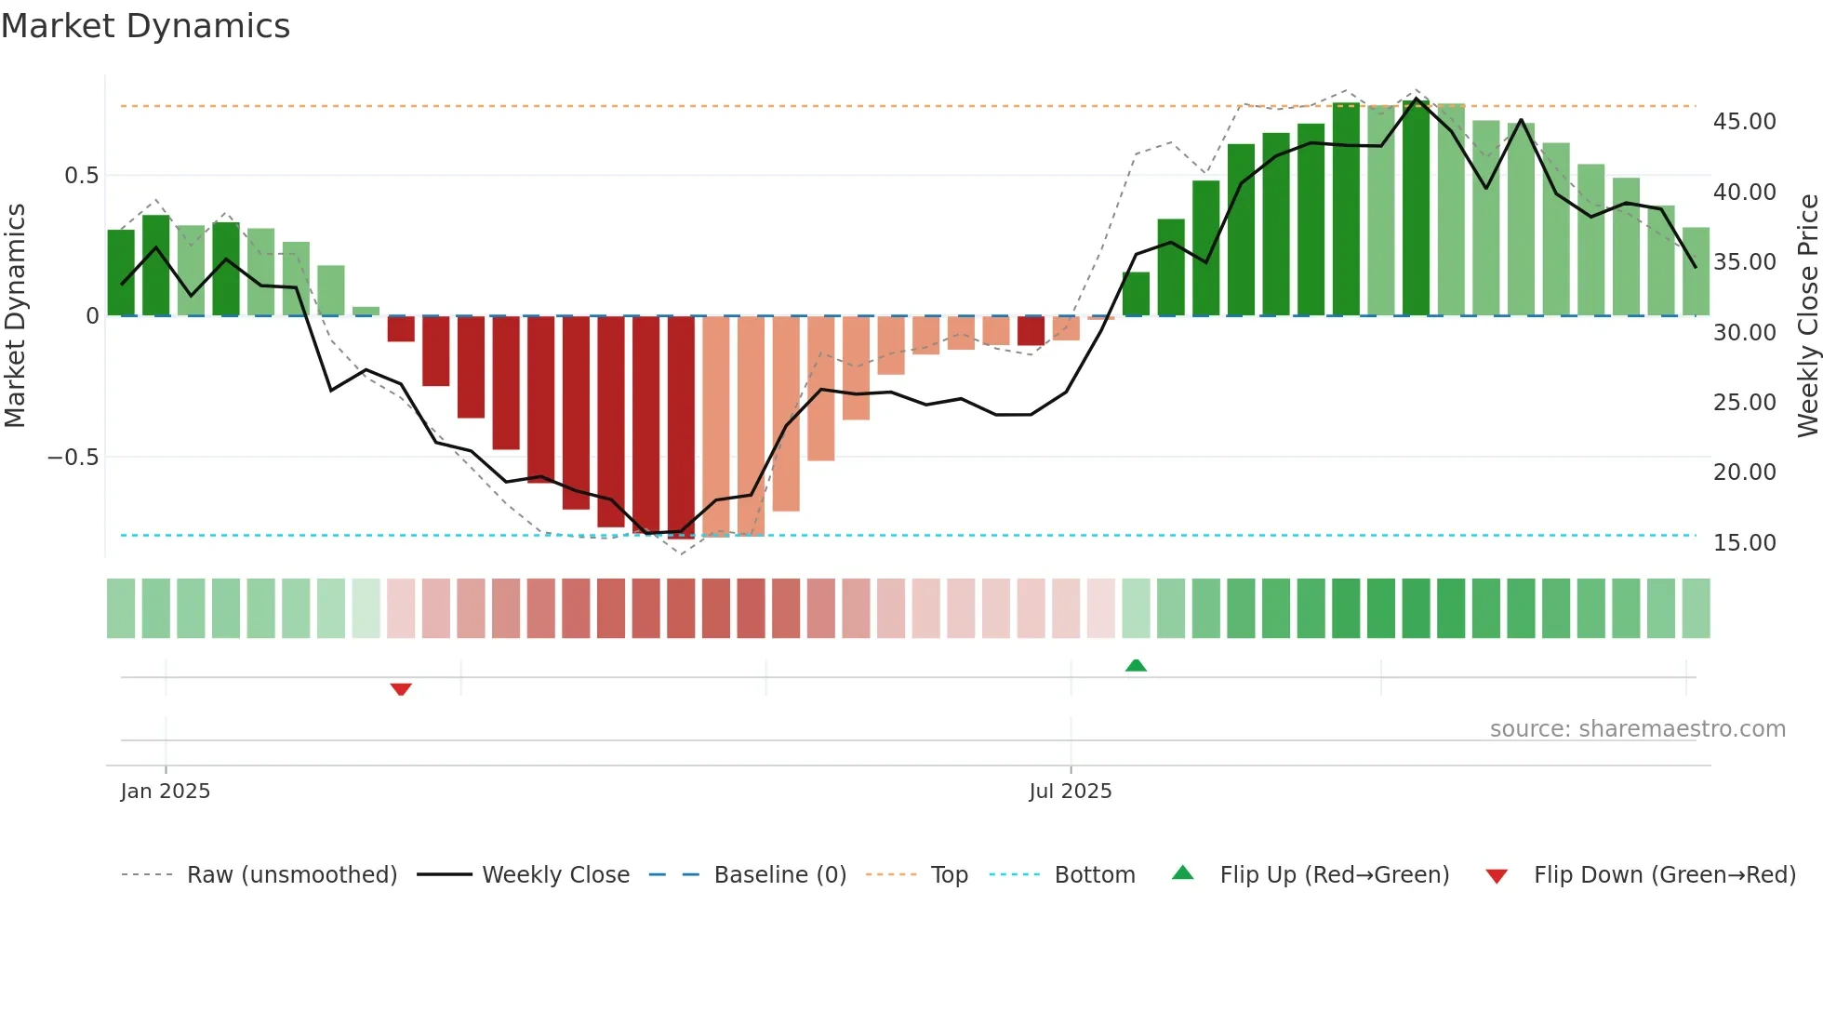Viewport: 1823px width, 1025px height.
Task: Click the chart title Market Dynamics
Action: [x=145, y=26]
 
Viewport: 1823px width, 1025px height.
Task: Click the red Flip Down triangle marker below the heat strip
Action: [x=401, y=689]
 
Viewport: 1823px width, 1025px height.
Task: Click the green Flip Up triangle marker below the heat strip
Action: [x=1136, y=665]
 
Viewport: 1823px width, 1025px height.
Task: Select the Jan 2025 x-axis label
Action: [x=166, y=792]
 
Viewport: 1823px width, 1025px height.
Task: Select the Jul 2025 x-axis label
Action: [x=1070, y=792]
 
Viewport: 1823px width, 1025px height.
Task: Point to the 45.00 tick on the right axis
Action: [x=1744, y=122]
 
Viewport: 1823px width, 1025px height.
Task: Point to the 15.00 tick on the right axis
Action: [x=1744, y=543]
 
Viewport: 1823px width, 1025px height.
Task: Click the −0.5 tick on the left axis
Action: [x=73, y=458]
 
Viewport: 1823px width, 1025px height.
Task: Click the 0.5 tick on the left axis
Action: [x=81, y=176]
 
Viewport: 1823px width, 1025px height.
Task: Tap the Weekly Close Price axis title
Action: [x=1807, y=316]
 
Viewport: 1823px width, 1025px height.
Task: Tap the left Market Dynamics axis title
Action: [x=15, y=316]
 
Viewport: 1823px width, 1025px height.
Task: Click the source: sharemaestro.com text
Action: [x=1637, y=729]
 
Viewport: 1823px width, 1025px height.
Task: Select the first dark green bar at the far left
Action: [x=121, y=273]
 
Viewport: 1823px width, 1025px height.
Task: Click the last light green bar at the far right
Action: [x=1696, y=272]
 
